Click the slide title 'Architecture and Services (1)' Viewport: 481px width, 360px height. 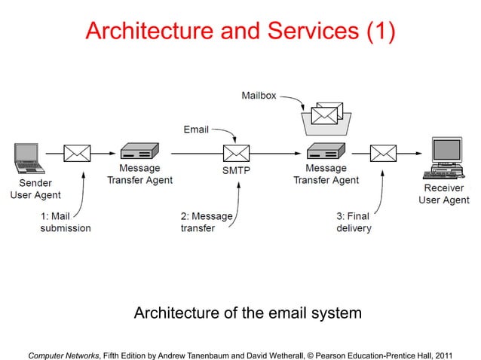pyautogui.click(x=240, y=31)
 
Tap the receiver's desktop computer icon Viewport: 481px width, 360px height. pyautogui.click(x=445, y=156)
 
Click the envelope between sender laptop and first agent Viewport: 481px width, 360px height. pyautogui.click(x=77, y=154)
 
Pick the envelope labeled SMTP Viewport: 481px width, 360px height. pyautogui.click(x=235, y=154)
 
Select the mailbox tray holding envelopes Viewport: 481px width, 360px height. pyautogui.click(x=323, y=119)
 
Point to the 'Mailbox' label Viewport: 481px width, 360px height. pyautogui.click(x=259, y=96)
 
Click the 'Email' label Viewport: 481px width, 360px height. pyautogui.click(x=196, y=130)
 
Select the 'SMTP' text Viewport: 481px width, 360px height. pyautogui.click(x=235, y=171)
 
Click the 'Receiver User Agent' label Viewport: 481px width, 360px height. pyautogui.click(x=444, y=194)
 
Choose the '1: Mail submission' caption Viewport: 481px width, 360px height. pyautogui.click(x=66, y=222)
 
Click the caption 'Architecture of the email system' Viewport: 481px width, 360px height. pyautogui.click(x=247, y=312)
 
